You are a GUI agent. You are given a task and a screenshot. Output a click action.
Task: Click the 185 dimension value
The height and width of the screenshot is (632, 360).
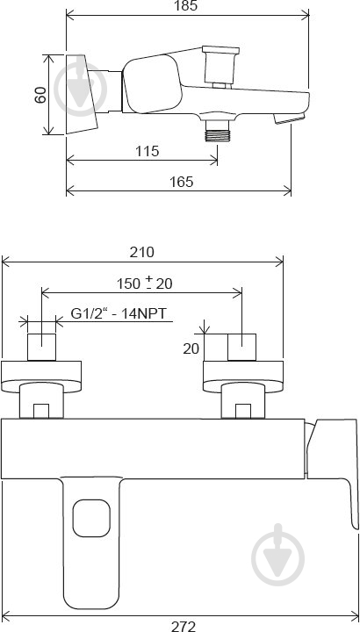[x=187, y=5]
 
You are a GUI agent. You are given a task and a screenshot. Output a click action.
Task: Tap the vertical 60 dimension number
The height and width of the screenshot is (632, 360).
[x=40, y=95]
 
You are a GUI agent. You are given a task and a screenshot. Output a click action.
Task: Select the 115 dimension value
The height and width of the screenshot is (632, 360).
[x=147, y=151]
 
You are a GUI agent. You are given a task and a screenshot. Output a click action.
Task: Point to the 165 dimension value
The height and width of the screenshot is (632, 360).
[x=181, y=182]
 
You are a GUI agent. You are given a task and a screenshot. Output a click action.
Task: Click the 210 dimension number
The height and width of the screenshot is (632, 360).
[x=141, y=252]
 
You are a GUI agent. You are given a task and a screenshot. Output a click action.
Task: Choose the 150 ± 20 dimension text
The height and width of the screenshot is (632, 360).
[x=144, y=283]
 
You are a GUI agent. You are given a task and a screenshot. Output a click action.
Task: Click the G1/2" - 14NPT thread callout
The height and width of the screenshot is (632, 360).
[x=119, y=313]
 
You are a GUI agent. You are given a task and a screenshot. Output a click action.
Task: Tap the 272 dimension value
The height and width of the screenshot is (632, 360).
[x=184, y=627]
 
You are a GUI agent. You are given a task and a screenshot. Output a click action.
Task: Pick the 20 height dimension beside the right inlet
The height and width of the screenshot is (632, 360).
[x=191, y=348]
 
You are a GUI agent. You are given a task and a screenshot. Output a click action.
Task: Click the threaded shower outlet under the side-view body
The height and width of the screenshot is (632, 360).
[x=217, y=131]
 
